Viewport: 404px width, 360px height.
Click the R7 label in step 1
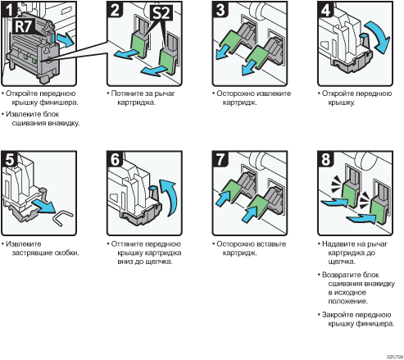pos(24,26)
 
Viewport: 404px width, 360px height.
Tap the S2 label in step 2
pos(161,12)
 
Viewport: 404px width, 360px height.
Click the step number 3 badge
pos(220,9)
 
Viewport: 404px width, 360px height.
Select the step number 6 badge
pos(115,159)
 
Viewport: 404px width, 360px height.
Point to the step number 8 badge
pos(325,159)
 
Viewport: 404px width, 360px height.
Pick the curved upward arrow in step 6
pos(170,197)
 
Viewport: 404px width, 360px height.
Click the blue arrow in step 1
pos(65,40)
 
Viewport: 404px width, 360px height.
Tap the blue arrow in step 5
pos(44,206)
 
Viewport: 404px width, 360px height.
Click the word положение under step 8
pos(348,301)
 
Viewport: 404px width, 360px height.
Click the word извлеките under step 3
pos(274,93)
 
